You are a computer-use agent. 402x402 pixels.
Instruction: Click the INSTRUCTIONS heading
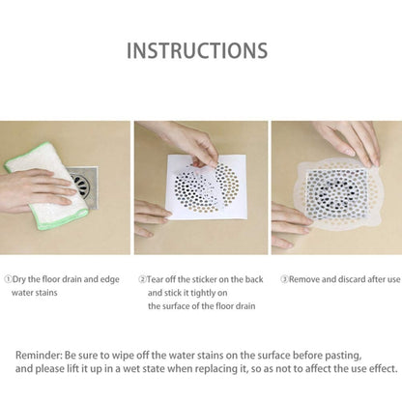[x=197, y=50]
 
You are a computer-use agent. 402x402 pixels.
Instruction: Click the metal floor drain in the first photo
[x=84, y=187]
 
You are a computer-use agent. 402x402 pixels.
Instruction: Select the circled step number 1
[x=8, y=279]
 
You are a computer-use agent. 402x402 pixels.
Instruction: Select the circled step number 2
[x=142, y=279]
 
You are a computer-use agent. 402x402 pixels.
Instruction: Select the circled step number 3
[x=284, y=279]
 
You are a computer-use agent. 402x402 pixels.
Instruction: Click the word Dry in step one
[x=19, y=279]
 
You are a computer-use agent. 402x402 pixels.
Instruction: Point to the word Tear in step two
[x=156, y=279]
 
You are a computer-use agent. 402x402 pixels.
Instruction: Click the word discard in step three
[x=352, y=279]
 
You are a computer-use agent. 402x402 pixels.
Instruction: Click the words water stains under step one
[x=35, y=293]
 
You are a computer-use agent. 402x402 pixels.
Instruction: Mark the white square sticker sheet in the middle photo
[x=206, y=187]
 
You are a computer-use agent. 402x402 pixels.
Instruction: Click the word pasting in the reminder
[x=343, y=356]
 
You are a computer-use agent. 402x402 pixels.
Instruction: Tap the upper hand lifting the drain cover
[x=348, y=142]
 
